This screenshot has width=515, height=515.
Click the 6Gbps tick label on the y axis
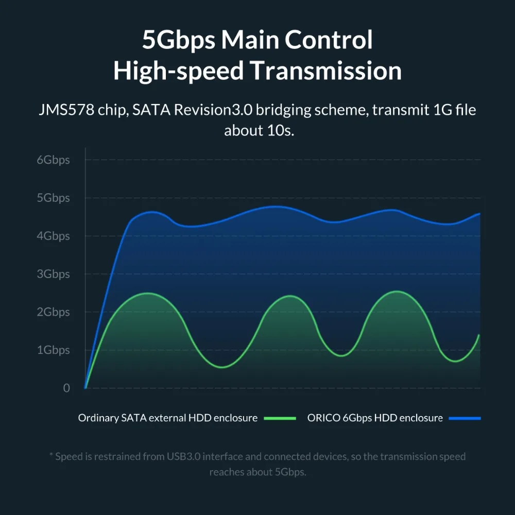pyautogui.click(x=53, y=160)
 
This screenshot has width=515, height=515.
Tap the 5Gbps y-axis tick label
pyautogui.click(x=53, y=198)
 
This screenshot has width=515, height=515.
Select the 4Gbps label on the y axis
pyautogui.click(x=53, y=236)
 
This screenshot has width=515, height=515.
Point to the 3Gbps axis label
pyautogui.click(x=53, y=274)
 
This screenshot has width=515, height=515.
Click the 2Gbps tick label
pyautogui.click(x=53, y=312)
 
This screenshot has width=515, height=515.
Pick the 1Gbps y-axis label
pyautogui.click(x=53, y=350)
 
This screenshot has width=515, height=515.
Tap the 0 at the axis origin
pyautogui.click(x=66, y=388)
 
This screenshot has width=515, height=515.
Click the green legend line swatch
pyautogui.click(x=280, y=418)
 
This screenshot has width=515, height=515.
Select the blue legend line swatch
pyautogui.click(x=465, y=418)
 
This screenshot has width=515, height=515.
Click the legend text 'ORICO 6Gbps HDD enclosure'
pyautogui.click(x=375, y=418)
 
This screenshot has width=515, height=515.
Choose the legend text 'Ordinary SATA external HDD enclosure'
pyautogui.click(x=167, y=418)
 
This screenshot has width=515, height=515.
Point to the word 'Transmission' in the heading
pyautogui.click(x=326, y=71)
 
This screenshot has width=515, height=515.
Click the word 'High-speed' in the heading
pyautogui.click(x=178, y=71)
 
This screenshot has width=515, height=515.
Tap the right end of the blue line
pyautogui.click(x=480, y=213)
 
